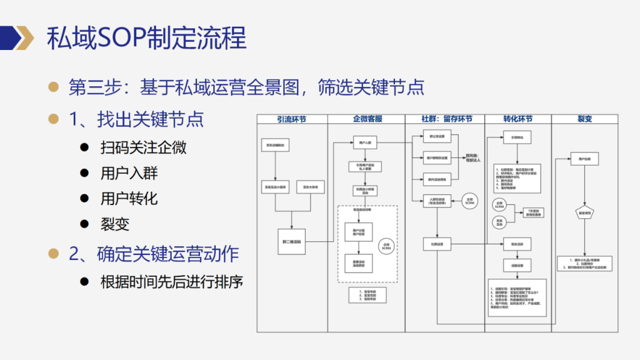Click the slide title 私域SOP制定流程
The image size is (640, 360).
pyautogui.click(x=146, y=38)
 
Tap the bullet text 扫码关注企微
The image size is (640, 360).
pyautogui.click(x=143, y=147)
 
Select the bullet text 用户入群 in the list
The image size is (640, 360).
pyautogui.click(x=129, y=173)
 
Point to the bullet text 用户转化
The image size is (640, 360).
pyautogui.click(x=129, y=199)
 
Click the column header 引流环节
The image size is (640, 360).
pyautogui.click(x=292, y=119)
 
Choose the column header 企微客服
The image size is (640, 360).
pyautogui.click(x=367, y=119)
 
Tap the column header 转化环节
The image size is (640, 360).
pyautogui.click(x=517, y=119)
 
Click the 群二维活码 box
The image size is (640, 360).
pyautogui.click(x=291, y=240)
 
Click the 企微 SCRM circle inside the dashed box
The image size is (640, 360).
pyautogui.click(x=386, y=247)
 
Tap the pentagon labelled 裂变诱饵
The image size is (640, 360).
pyautogui.click(x=584, y=213)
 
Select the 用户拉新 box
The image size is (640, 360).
pyautogui.click(x=584, y=160)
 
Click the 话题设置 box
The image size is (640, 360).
pyautogui.click(x=517, y=265)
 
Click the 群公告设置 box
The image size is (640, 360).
pyautogui.click(x=438, y=136)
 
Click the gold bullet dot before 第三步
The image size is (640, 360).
pyautogui.click(x=54, y=87)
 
